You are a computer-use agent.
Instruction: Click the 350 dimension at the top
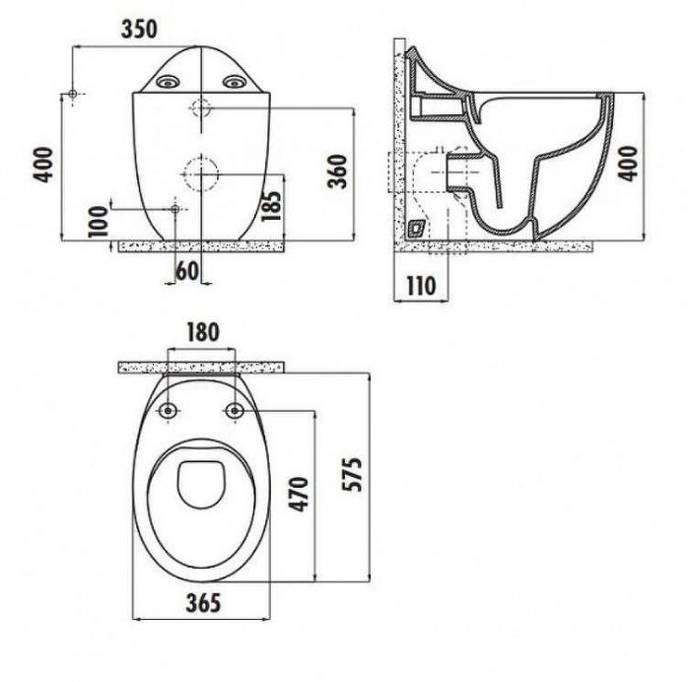[x=139, y=30]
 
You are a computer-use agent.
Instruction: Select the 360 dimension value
[x=338, y=170]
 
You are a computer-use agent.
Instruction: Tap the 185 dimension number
[x=271, y=205]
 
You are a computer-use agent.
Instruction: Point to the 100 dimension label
[x=98, y=222]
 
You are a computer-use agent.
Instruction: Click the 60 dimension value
[x=187, y=271]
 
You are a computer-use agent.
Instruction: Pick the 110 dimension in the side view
[x=421, y=286]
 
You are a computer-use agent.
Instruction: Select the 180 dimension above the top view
[x=203, y=333]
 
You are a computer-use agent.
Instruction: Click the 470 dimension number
[x=298, y=494]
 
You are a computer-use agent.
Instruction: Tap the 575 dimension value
[x=353, y=474]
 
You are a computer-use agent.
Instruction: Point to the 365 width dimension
[x=203, y=603]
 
